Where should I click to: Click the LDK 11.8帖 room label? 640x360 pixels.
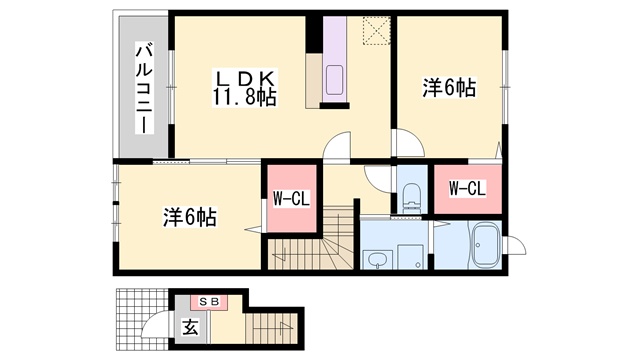click(244, 88)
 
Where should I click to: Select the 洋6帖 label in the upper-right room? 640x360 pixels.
click(449, 87)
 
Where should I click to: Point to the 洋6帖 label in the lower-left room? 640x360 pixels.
click(190, 217)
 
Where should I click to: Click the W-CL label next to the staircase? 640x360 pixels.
click(291, 199)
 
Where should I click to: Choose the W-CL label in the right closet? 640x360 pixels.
click(467, 189)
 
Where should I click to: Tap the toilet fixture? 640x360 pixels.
click(411, 198)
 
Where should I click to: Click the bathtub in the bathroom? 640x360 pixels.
click(486, 245)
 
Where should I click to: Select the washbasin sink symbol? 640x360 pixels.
click(377, 260)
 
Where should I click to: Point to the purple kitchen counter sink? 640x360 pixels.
click(334, 80)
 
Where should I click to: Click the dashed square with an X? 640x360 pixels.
click(376, 30)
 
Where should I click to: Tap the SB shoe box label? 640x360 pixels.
click(210, 302)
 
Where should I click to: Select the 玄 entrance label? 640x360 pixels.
click(190, 327)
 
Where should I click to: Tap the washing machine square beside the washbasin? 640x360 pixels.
click(411, 257)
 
